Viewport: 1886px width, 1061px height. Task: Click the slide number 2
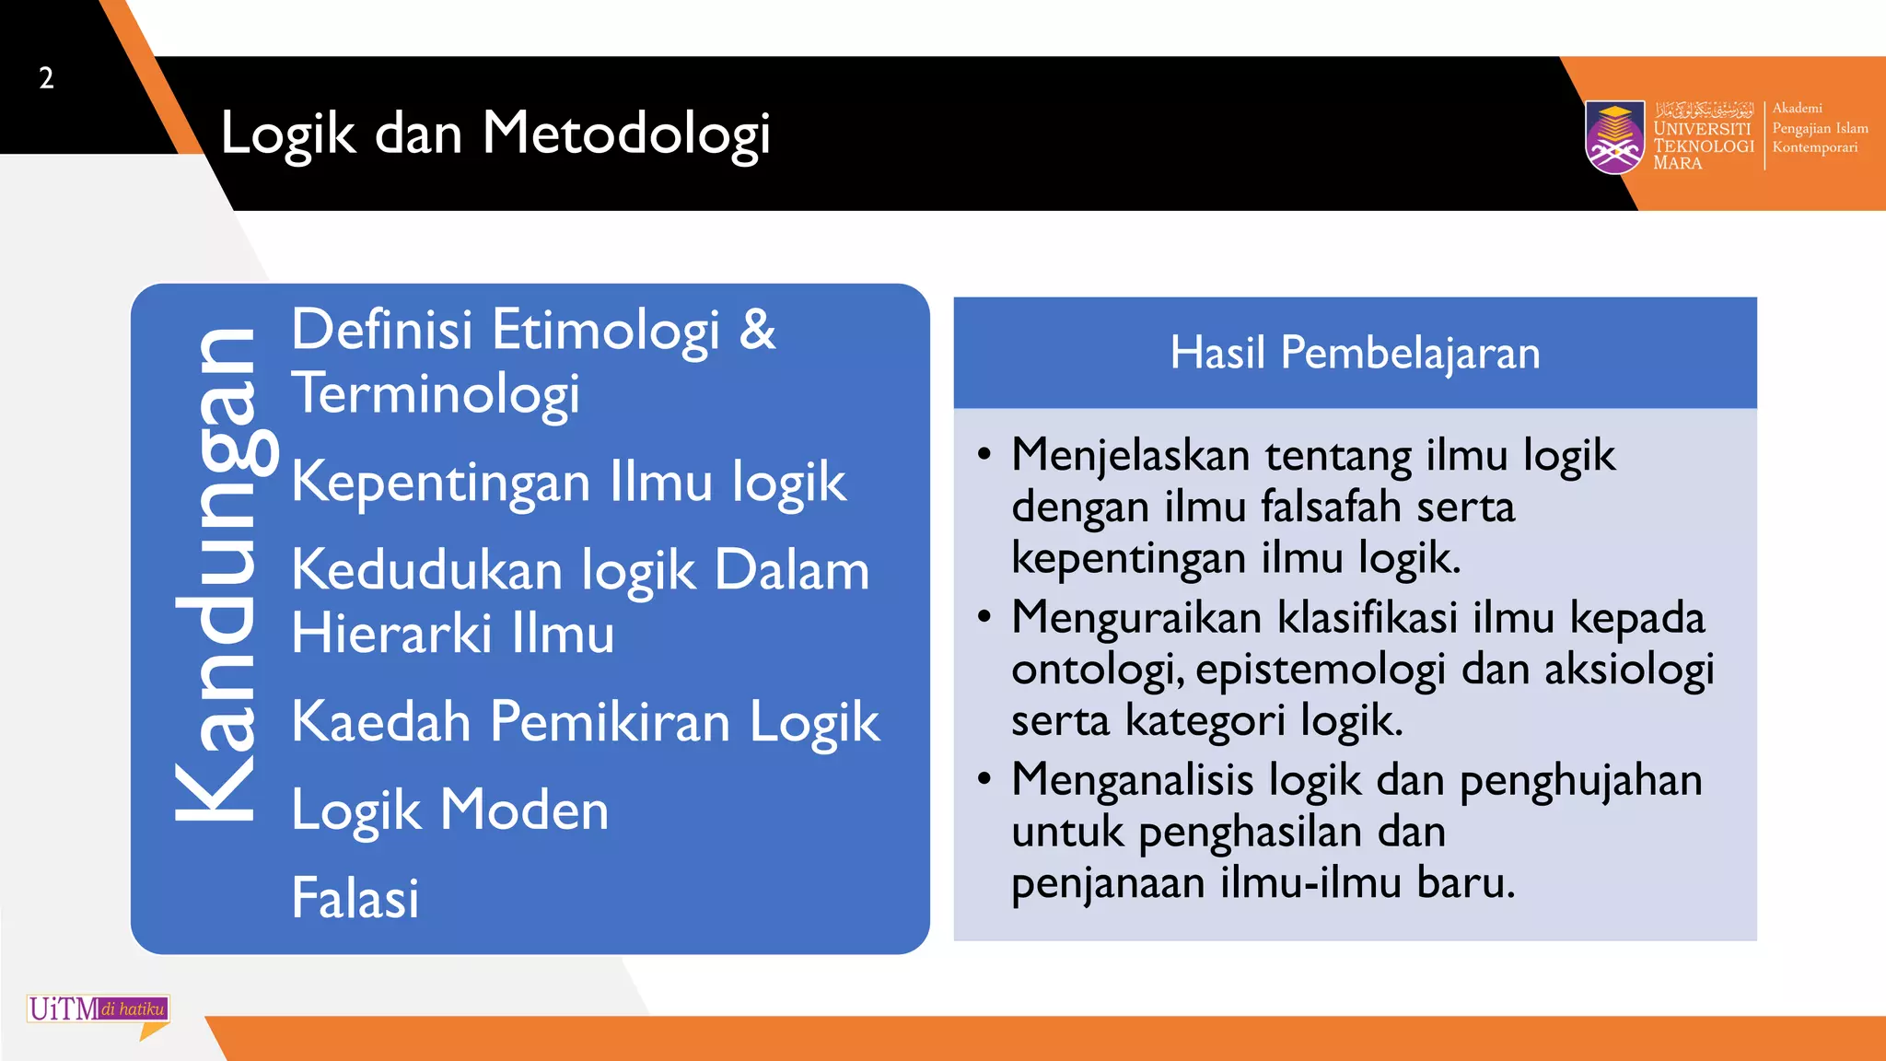tap(46, 78)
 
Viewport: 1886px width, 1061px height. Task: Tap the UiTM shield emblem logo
tap(1614, 136)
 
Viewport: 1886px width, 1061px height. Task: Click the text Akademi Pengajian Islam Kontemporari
tap(1818, 128)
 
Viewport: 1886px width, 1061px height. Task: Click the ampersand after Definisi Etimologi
tap(757, 329)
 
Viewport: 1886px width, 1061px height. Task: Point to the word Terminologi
tap(436, 394)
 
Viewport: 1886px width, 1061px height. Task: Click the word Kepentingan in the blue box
tap(441, 484)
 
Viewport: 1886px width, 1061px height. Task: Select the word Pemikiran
tap(610, 721)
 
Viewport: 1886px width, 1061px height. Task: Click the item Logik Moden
tap(449, 810)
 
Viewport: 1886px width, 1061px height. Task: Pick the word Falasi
tap(355, 899)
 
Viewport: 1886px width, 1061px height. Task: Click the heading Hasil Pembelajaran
tap(1355, 353)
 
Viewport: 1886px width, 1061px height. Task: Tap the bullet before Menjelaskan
tap(984, 454)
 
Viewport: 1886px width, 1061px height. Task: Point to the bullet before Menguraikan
tap(984, 616)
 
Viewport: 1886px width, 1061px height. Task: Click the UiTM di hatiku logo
tap(99, 1009)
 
